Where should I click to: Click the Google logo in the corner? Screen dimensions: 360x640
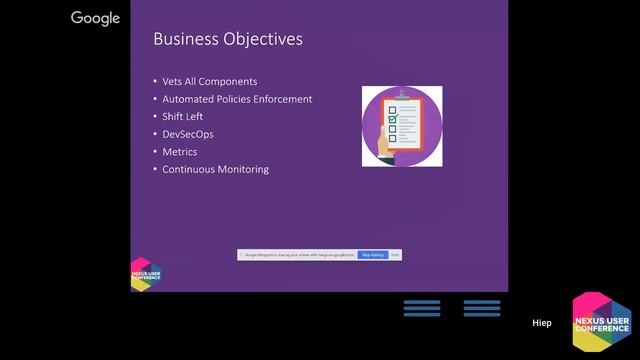95,18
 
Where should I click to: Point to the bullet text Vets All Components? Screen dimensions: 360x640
210,81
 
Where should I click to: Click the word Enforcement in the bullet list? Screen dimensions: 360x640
282,99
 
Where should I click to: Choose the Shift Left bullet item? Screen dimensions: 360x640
183,116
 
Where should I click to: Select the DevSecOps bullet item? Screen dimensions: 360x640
188,134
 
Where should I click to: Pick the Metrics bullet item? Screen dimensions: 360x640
180,152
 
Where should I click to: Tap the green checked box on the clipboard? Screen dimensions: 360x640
393,119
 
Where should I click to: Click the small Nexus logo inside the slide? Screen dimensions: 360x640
145,273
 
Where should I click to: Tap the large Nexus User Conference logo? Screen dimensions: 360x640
601,323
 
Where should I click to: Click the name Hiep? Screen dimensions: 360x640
541,323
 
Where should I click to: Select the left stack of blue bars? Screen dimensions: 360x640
422,308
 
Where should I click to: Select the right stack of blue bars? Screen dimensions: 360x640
482,308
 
